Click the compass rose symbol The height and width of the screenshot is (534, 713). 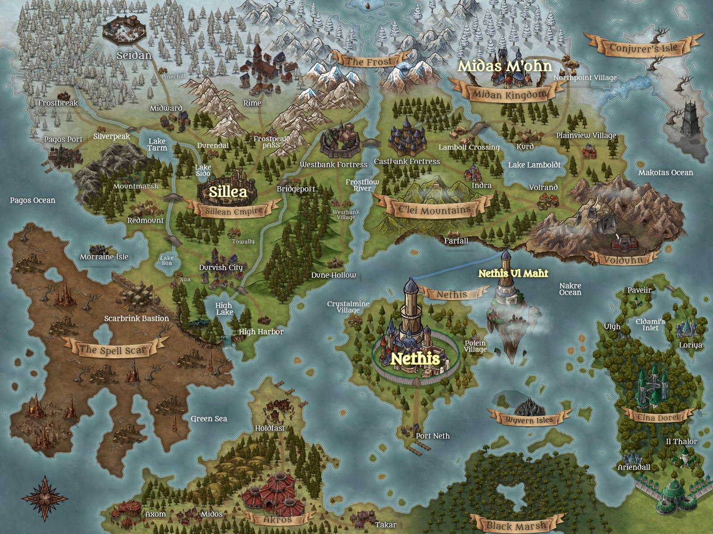(x=45, y=499)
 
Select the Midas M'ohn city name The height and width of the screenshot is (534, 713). (x=504, y=66)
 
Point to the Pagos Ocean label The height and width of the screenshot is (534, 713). (x=33, y=200)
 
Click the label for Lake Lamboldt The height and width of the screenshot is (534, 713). (x=534, y=165)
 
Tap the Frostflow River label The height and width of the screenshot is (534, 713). (x=362, y=185)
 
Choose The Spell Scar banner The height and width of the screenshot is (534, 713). (x=113, y=349)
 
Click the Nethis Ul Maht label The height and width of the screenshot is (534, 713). (x=513, y=273)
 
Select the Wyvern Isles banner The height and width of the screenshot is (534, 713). (x=529, y=419)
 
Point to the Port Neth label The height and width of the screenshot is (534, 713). (x=432, y=436)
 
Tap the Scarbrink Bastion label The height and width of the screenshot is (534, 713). (x=136, y=319)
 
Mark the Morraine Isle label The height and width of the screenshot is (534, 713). (x=104, y=257)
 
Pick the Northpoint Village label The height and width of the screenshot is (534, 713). (x=585, y=78)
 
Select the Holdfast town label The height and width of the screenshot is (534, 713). (x=270, y=428)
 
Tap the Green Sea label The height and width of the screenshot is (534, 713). (x=209, y=419)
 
